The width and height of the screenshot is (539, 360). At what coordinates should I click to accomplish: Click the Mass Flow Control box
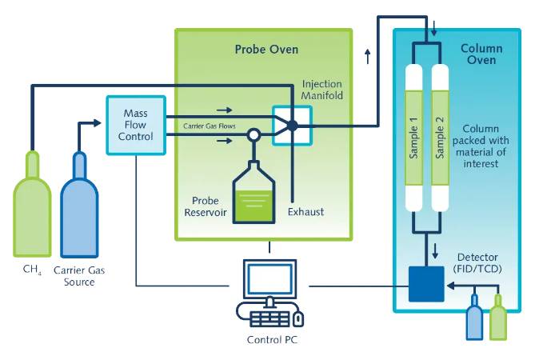coord(135,125)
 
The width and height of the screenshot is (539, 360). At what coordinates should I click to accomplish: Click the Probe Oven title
coord(266,50)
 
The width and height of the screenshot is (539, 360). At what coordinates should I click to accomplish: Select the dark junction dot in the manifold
coord(293,126)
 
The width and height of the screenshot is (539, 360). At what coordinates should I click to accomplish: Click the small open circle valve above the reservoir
coord(254,135)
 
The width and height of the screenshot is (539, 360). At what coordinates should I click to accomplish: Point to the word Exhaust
coord(306,212)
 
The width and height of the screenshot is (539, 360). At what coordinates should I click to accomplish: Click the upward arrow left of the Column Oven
coord(367,55)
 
